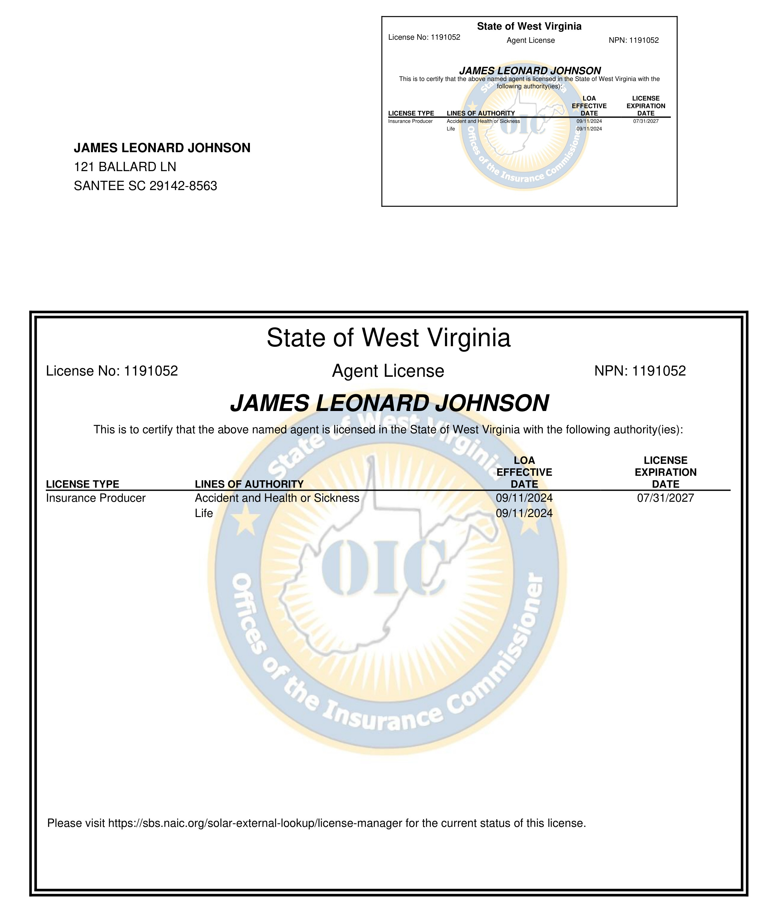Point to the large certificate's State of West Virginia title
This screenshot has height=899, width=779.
click(388, 338)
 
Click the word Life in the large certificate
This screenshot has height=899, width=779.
click(204, 513)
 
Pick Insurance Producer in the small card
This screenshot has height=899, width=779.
click(410, 121)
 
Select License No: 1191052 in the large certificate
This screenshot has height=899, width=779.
click(112, 371)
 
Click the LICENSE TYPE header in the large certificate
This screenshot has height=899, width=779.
click(82, 484)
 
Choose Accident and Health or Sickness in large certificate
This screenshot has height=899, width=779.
click(277, 498)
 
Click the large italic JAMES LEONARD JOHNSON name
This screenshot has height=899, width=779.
click(389, 403)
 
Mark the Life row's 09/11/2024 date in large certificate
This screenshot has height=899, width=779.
click(524, 513)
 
